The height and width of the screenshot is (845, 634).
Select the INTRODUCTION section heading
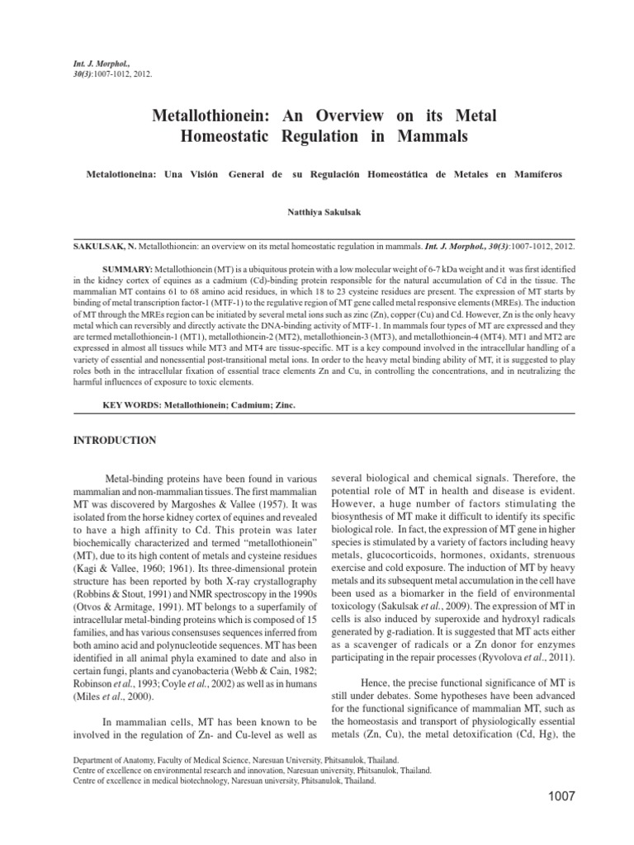[x=115, y=441]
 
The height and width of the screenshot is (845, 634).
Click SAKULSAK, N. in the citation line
[x=102, y=247]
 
